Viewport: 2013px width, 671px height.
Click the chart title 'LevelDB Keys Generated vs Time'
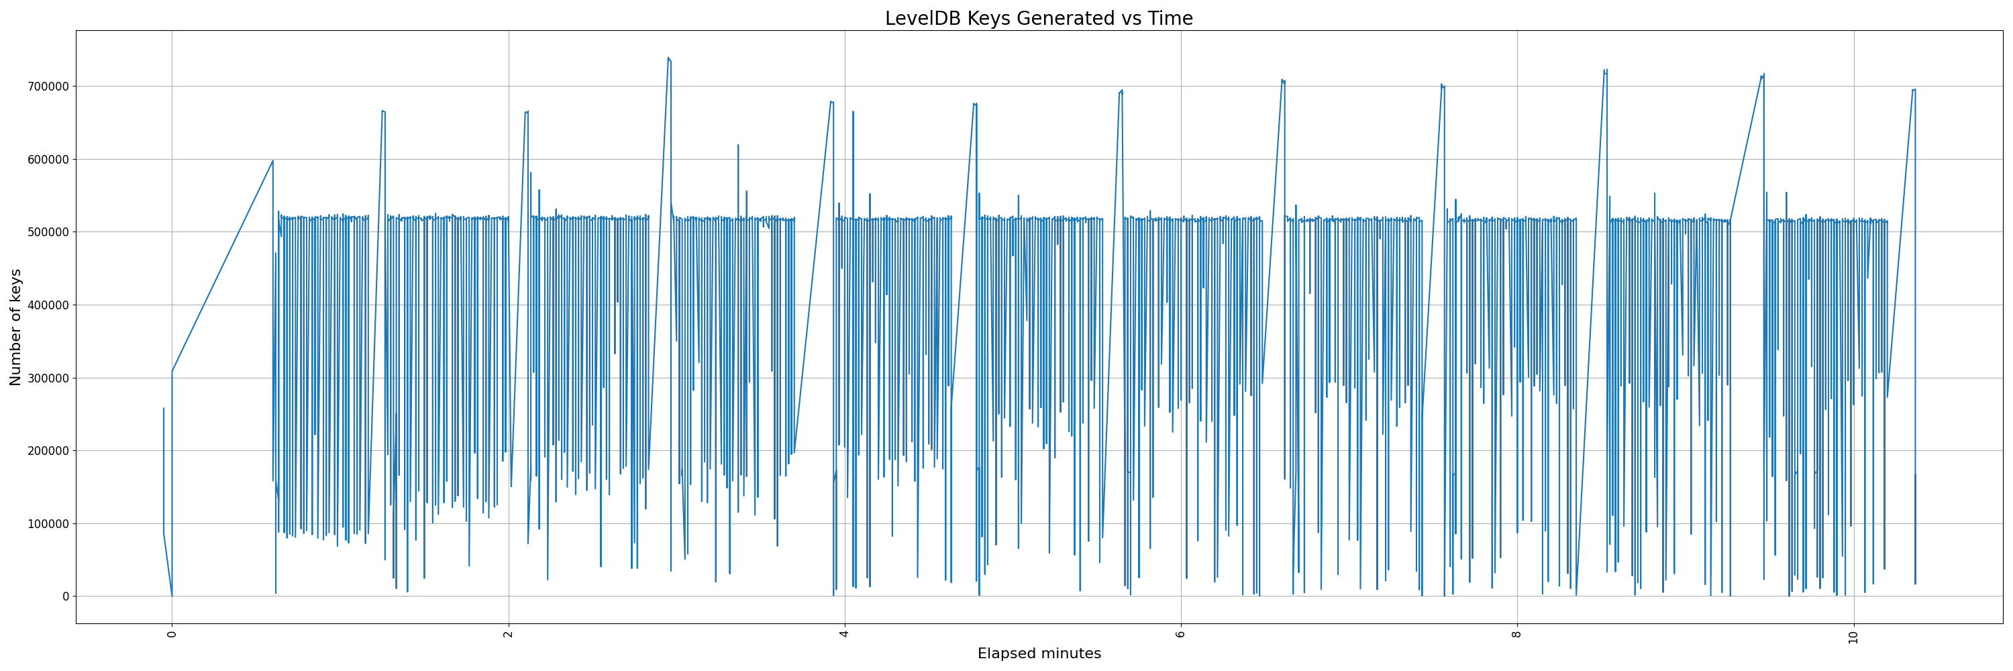coord(1039,19)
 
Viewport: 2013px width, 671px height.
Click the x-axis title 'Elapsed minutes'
coord(1039,654)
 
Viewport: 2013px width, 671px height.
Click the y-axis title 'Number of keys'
coord(15,327)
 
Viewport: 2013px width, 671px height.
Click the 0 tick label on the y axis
coord(66,597)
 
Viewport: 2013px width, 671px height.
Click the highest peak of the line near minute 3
coord(668,58)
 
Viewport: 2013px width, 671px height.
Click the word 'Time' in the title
coord(1170,19)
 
